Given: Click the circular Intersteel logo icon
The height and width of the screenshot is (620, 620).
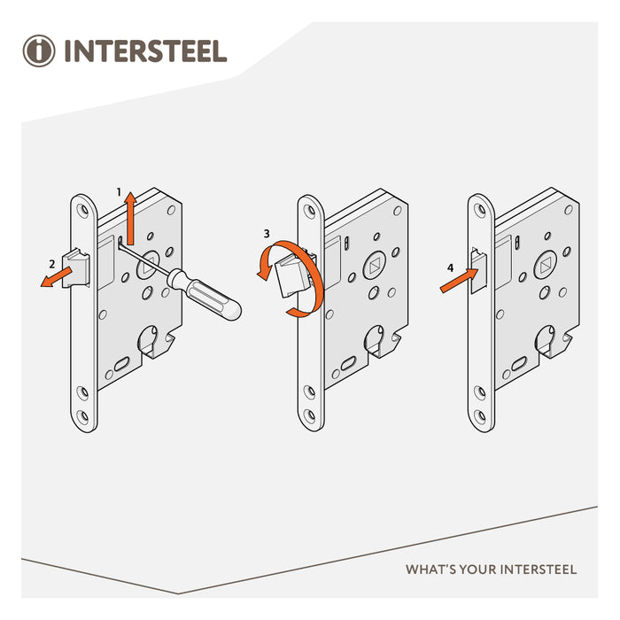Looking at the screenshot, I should click(x=39, y=50).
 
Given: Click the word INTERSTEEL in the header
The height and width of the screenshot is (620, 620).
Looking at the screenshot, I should click(x=145, y=50).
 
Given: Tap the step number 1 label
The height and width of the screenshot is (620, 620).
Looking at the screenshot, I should click(x=119, y=191).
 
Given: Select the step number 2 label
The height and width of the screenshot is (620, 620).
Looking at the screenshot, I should click(x=52, y=263).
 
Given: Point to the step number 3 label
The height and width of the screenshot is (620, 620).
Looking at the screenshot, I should click(x=267, y=235).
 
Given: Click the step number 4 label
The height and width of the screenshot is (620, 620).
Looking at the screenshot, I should click(x=450, y=267).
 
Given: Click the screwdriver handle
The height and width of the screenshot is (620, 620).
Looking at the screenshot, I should click(x=210, y=296).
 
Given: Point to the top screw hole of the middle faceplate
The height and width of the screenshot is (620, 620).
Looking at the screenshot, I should click(x=309, y=211).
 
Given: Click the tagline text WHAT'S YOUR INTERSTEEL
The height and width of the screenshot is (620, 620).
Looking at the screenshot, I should click(x=491, y=569).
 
